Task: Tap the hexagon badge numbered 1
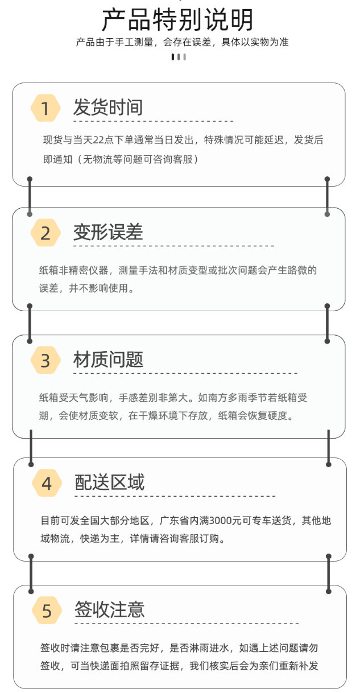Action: [x=45, y=108]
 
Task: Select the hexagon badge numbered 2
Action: [x=45, y=233]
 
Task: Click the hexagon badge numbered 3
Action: [x=45, y=360]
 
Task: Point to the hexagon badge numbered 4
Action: [x=47, y=484]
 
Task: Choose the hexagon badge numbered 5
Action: [x=47, y=611]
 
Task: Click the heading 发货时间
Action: [x=107, y=108]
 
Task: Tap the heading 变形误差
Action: [x=107, y=232]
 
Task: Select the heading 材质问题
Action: [x=108, y=360]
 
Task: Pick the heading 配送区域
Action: [x=109, y=482]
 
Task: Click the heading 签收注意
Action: [x=109, y=610]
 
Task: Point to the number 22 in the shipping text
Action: [x=98, y=141]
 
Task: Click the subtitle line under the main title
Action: [x=182, y=43]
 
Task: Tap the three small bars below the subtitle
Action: [x=179, y=57]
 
